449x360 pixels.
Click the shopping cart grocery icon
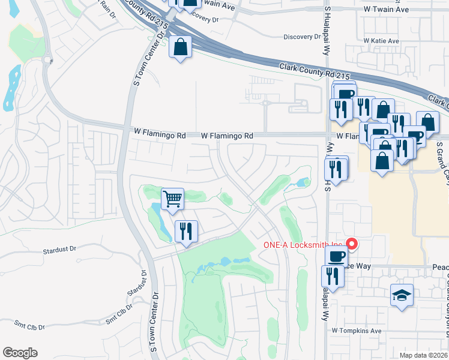pyautogui.click(x=173, y=199)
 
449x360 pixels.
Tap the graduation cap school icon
pyautogui.click(x=402, y=295)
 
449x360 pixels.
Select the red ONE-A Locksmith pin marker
pyautogui.click(x=352, y=245)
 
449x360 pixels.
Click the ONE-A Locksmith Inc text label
pyautogui.click(x=303, y=245)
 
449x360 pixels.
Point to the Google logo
pyautogui.click(x=20, y=353)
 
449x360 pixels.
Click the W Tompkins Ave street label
pyautogui.click(x=357, y=331)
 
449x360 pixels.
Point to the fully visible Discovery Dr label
pyautogui.click(x=302, y=37)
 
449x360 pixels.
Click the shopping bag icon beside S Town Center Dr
pyautogui.click(x=180, y=47)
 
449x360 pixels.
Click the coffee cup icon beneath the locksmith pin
pyautogui.click(x=336, y=256)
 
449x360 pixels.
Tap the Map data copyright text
pyautogui.click(x=423, y=354)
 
